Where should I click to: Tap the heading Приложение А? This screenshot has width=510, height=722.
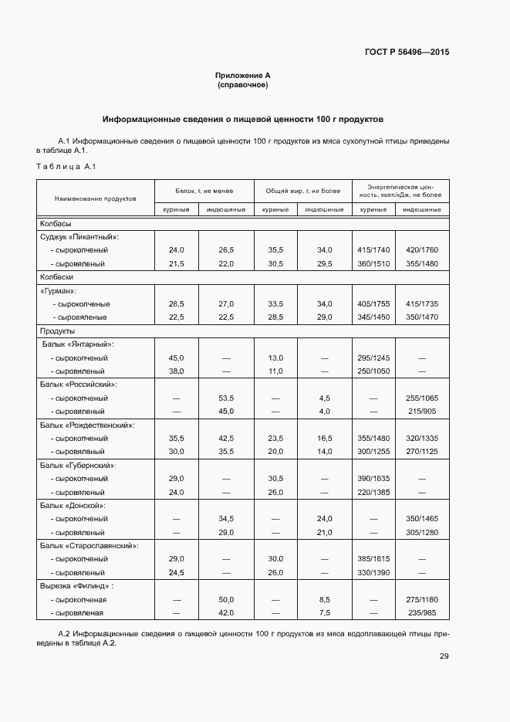pyautogui.click(x=242, y=76)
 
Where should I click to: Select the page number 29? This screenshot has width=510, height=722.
pyautogui.click(x=444, y=656)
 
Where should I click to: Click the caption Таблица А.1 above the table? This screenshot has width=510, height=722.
pyautogui.click(x=66, y=167)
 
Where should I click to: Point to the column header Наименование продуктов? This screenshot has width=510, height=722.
pyautogui.click(x=95, y=198)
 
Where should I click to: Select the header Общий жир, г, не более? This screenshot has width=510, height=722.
pyautogui.click(x=302, y=190)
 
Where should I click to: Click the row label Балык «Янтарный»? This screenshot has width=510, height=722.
pyautogui.click(x=77, y=344)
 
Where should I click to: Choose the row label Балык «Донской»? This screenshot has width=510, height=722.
pyautogui.click(x=73, y=506)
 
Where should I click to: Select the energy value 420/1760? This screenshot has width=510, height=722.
pyautogui.click(x=421, y=250)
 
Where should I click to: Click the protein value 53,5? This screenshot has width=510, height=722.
pyautogui.click(x=226, y=398)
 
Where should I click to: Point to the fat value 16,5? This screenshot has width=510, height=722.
pyautogui.click(x=324, y=438)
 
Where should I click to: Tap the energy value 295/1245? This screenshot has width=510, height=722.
pyautogui.click(x=372, y=358)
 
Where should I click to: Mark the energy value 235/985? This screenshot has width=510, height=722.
pyautogui.click(x=421, y=612)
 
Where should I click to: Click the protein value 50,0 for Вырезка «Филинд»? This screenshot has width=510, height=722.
pyautogui.click(x=226, y=599)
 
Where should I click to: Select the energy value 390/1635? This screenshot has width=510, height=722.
pyautogui.click(x=372, y=478)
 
